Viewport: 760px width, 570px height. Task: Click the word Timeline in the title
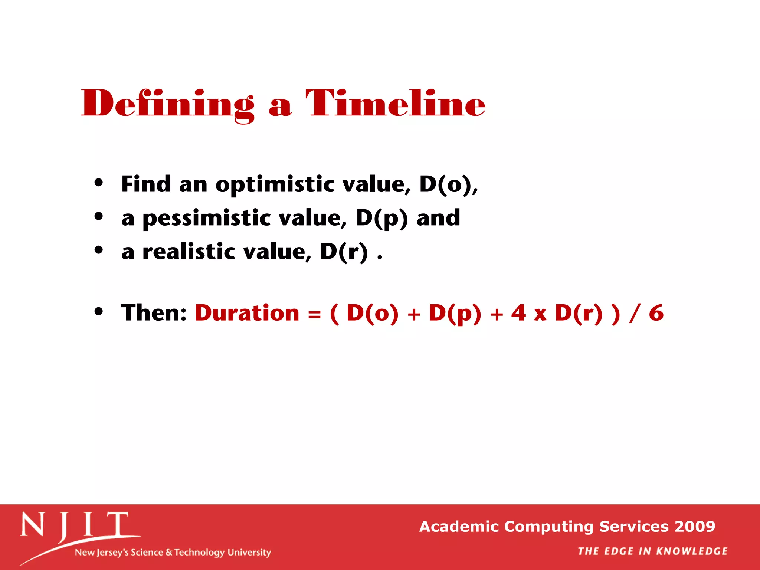(395, 104)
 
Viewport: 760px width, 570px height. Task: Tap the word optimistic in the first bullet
(275, 184)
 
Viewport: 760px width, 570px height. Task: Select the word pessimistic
(206, 218)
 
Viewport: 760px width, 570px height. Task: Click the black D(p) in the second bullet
(381, 218)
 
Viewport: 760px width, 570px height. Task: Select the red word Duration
(247, 313)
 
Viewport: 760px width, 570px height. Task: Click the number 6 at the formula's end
(656, 313)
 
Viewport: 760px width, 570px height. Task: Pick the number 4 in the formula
(518, 313)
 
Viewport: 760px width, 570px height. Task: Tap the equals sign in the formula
(314, 315)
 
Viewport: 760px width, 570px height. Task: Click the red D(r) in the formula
(579, 313)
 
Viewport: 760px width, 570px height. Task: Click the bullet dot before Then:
(98, 311)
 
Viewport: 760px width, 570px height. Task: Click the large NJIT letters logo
(74, 525)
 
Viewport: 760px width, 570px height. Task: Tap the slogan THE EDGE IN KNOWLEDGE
(652, 551)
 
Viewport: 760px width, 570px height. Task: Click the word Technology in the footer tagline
(200, 553)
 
